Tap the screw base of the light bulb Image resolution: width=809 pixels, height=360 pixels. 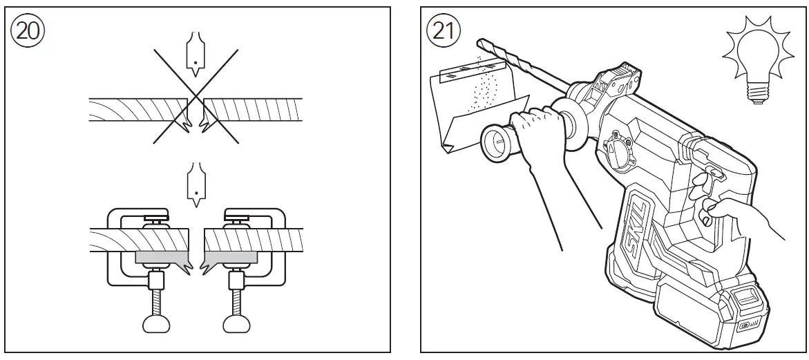(758, 96)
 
